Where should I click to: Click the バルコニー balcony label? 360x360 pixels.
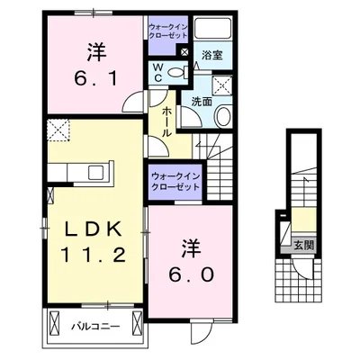92,327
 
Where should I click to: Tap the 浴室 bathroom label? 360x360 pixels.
213,56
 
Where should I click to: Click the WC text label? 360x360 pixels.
158,71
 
